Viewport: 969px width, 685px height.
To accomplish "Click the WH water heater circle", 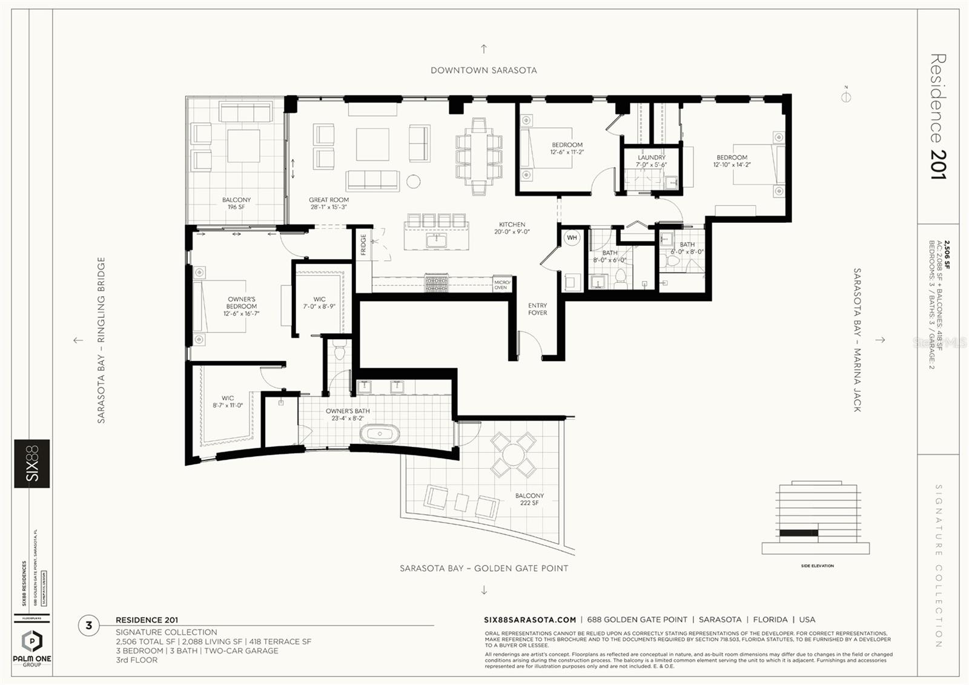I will coord(572,238).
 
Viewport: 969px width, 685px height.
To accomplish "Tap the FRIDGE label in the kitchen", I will coord(363,245).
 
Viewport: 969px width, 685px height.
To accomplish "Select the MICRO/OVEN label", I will coord(501,285).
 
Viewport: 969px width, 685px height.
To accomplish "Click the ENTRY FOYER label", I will coord(537,309).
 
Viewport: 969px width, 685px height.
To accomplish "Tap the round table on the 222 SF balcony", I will coord(513,454).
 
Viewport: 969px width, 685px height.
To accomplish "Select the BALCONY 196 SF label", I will coord(236,203).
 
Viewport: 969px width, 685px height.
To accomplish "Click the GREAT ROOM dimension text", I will coord(329,207).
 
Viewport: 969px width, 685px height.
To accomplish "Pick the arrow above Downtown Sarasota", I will coord(483,49).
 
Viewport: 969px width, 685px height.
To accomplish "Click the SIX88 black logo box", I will coord(32,463).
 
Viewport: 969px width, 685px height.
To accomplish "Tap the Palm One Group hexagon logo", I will coord(31,641).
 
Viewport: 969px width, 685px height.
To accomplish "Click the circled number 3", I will coord(89,625).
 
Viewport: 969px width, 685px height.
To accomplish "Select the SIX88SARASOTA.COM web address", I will coord(530,620).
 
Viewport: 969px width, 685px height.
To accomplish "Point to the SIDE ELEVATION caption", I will coord(817,566).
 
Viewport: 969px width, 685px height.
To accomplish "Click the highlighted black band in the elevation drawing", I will coord(798,532).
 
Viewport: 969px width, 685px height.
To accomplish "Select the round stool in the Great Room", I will coord(413,180).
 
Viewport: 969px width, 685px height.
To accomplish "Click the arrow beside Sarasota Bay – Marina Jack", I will coord(880,340).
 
